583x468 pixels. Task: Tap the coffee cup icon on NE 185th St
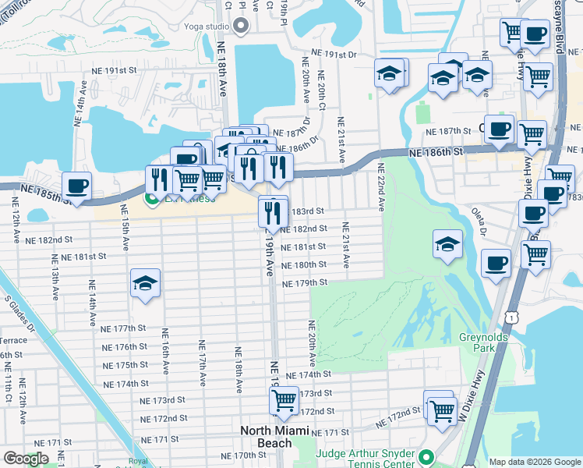(x=76, y=186)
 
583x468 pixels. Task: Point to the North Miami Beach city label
(x=276, y=435)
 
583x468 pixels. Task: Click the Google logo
(x=26, y=459)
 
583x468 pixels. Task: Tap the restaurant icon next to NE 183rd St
(x=273, y=210)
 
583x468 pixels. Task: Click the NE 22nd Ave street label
(x=382, y=188)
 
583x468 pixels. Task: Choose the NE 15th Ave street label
(x=125, y=232)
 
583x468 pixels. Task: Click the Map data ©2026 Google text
(x=534, y=462)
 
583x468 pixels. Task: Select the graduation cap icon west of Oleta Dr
(x=447, y=244)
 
